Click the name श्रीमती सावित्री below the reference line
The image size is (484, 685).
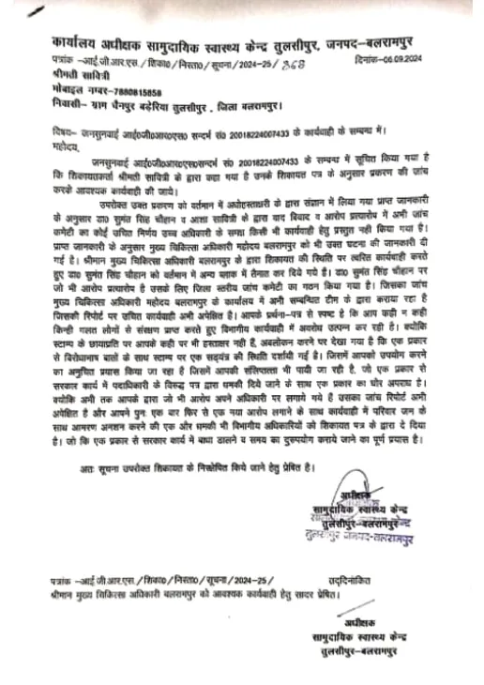pyautogui.click(x=77, y=75)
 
